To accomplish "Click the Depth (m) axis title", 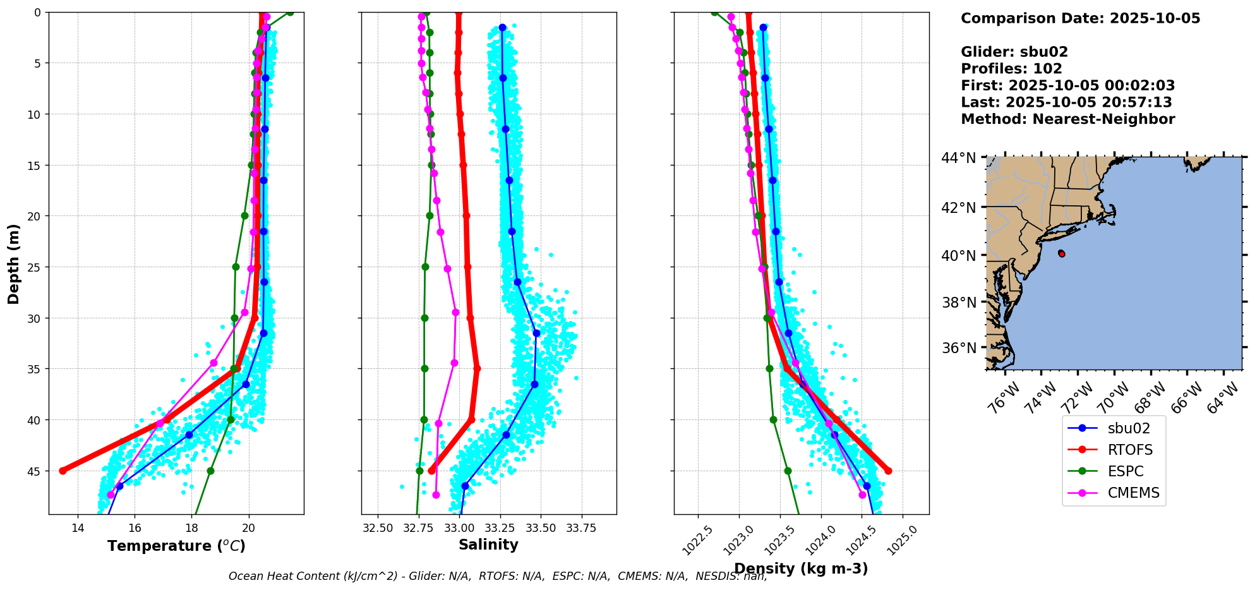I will point(13,263).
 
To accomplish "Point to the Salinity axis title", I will point(488,545).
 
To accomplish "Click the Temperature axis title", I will point(176,546).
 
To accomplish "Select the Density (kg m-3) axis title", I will point(801,569).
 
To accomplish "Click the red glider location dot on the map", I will point(1062,254).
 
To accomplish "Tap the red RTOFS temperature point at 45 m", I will point(63,471).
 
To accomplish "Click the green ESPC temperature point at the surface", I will point(290,12).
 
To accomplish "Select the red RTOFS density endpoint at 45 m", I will point(888,471).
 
